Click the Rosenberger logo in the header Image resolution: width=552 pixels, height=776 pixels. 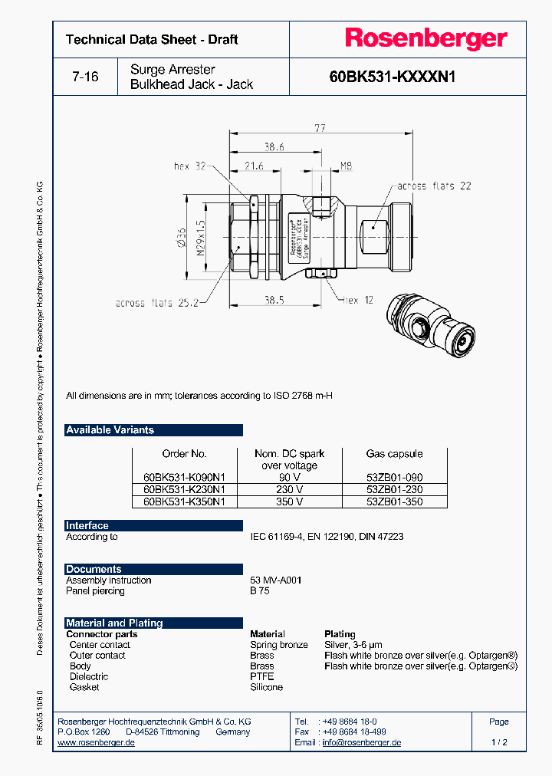(426, 38)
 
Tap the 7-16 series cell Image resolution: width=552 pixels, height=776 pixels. (85, 77)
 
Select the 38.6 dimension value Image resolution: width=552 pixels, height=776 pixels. (274, 146)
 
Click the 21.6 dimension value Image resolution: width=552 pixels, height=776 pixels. (254, 166)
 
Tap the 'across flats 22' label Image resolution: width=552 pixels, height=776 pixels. (434, 186)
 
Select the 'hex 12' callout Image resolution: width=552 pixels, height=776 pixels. (358, 300)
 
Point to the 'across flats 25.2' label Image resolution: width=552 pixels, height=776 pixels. (157, 303)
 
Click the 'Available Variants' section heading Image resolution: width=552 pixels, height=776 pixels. (110, 430)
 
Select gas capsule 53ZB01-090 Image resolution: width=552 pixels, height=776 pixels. (394, 477)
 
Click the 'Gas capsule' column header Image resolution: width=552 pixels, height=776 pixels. (394, 454)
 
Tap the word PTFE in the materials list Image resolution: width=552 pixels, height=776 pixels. (261, 677)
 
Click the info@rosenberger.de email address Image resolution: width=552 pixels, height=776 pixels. (361, 743)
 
